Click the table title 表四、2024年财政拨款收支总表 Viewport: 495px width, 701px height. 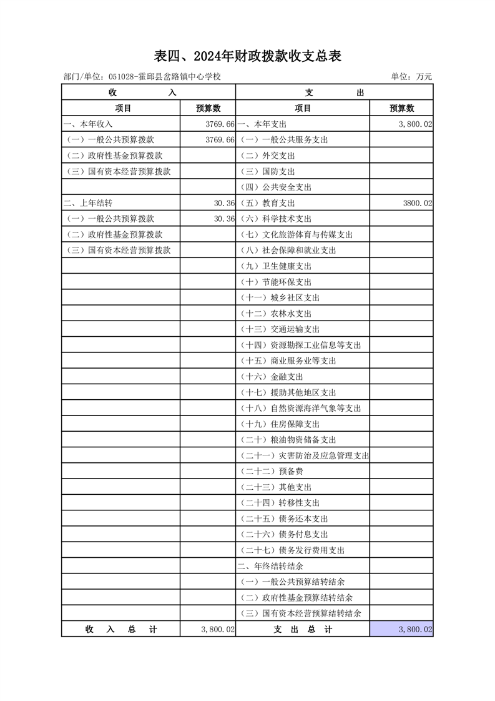click(x=247, y=57)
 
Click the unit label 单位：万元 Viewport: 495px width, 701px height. click(x=411, y=77)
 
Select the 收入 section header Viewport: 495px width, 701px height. click(x=148, y=92)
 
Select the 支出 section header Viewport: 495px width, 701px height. click(x=334, y=92)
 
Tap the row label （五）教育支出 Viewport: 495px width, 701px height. click(x=268, y=203)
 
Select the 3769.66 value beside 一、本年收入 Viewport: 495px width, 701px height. click(x=220, y=124)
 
